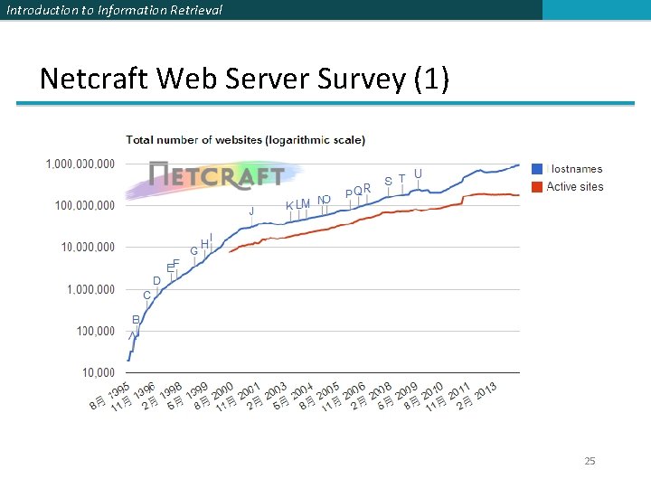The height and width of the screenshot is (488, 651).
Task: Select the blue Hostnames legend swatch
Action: pos(537,169)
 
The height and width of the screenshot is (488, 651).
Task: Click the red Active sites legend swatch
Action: pos(537,187)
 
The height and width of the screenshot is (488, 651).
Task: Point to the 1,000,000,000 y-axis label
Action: pos(80,164)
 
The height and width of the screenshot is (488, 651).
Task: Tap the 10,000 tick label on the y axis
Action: pos(99,372)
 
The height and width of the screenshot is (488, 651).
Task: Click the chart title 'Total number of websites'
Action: pos(245,140)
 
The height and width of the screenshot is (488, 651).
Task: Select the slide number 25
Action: pos(590,462)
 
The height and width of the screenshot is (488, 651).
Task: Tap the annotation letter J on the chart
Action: pos(251,211)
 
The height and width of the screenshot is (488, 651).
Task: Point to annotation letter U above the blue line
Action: pos(418,174)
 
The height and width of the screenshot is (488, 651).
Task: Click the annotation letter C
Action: pos(146,296)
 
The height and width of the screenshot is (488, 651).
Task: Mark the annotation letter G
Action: pos(193,250)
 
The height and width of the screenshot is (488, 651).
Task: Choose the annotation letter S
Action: pos(388,181)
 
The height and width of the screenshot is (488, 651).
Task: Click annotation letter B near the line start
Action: pos(136,320)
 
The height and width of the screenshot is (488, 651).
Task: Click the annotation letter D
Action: pos(156,281)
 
